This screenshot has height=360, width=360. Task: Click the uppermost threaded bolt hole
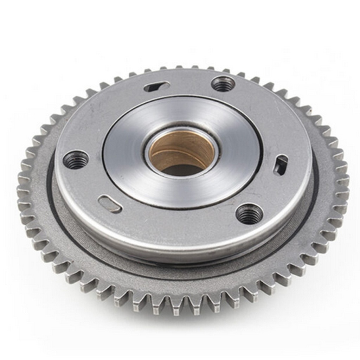223,84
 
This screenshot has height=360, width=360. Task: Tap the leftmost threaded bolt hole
76,160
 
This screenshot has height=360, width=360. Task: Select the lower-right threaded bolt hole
249,214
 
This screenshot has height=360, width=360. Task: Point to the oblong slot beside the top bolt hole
157,86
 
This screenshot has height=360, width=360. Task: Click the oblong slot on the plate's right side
281,165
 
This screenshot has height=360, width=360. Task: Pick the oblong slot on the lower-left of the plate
110,204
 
